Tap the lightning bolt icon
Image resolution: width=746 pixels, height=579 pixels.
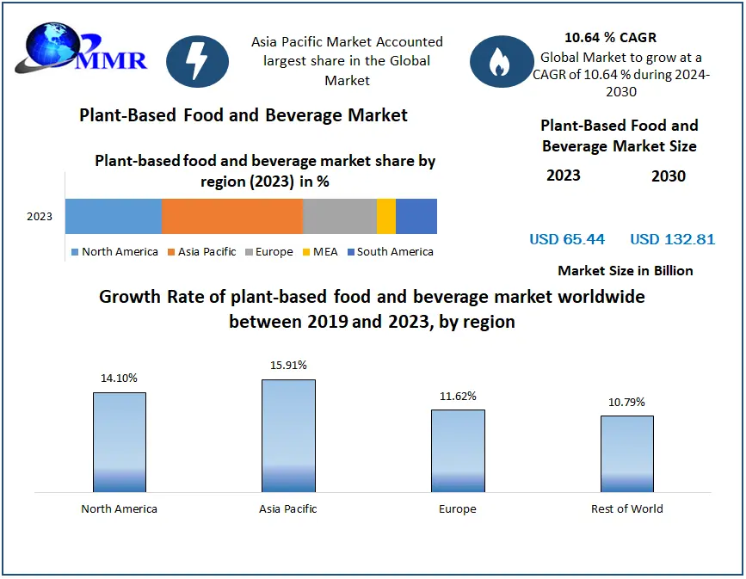[197, 61]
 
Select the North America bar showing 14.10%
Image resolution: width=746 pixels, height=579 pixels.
[120, 442]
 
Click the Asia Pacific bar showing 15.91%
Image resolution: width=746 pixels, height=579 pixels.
[288, 435]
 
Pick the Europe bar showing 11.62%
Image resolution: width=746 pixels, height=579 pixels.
[458, 451]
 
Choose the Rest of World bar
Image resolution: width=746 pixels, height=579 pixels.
[626, 453]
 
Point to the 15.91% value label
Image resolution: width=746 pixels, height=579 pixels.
[288, 365]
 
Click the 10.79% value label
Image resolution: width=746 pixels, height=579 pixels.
[626, 402]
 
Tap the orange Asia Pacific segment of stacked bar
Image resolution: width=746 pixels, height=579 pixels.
[231, 216]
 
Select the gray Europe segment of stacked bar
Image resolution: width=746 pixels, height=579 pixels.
[339, 216]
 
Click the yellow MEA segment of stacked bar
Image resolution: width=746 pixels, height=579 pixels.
[386, 216]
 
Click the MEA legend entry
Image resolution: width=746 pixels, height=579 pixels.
[322, 252]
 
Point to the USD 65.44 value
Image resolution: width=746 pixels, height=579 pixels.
[567, 239]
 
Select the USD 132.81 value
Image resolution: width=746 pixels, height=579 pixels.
[672, 239]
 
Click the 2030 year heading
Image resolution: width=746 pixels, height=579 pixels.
[669, 176]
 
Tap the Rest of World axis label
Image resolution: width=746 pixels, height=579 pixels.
[626, 508]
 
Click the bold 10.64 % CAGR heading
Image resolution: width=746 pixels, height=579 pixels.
[610, 38]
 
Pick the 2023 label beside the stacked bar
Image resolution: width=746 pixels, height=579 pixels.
[40, 217]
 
